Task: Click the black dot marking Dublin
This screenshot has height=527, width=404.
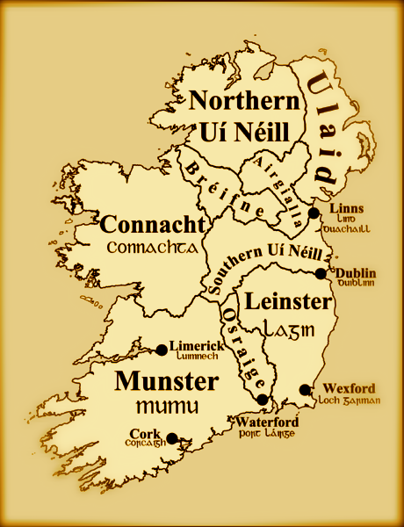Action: [321, 274]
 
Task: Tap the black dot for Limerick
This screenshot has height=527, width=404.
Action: [162, 350]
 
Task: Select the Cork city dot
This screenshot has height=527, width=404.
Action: [172, 437]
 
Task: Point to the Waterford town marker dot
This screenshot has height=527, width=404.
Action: [262, 400]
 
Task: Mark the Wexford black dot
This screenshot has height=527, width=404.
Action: [305, 389]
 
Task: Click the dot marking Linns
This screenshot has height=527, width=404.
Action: [314, 213]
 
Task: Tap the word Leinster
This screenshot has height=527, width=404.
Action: [289, 302]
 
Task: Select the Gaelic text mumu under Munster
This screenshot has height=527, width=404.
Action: [167, 408]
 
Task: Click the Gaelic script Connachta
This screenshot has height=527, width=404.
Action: [151, 248]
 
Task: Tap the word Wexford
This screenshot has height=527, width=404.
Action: [349, 388]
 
